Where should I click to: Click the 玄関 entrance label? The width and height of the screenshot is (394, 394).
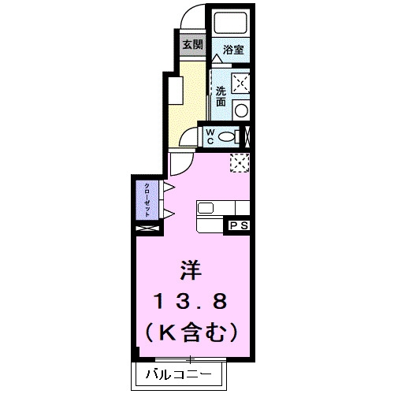193,45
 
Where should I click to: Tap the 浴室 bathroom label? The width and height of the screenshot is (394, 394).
233,50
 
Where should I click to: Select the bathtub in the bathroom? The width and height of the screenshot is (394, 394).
231,23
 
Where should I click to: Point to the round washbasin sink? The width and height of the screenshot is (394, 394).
241,110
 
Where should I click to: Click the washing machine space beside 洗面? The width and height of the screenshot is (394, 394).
240,83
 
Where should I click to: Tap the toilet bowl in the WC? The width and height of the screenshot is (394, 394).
226,136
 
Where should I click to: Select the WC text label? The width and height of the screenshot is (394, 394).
210,136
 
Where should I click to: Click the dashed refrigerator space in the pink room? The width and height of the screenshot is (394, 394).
240,163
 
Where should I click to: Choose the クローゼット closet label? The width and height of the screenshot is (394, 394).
147,200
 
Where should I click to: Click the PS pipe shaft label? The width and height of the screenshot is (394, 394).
239,225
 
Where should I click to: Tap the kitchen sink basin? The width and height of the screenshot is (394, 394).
206,208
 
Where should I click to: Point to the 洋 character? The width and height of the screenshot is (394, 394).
191,270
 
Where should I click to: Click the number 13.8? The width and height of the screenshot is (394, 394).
191,301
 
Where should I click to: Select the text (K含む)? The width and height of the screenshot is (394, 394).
191,332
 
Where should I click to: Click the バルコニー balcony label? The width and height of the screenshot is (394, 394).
179,374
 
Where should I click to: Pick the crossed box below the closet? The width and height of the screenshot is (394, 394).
147,228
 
